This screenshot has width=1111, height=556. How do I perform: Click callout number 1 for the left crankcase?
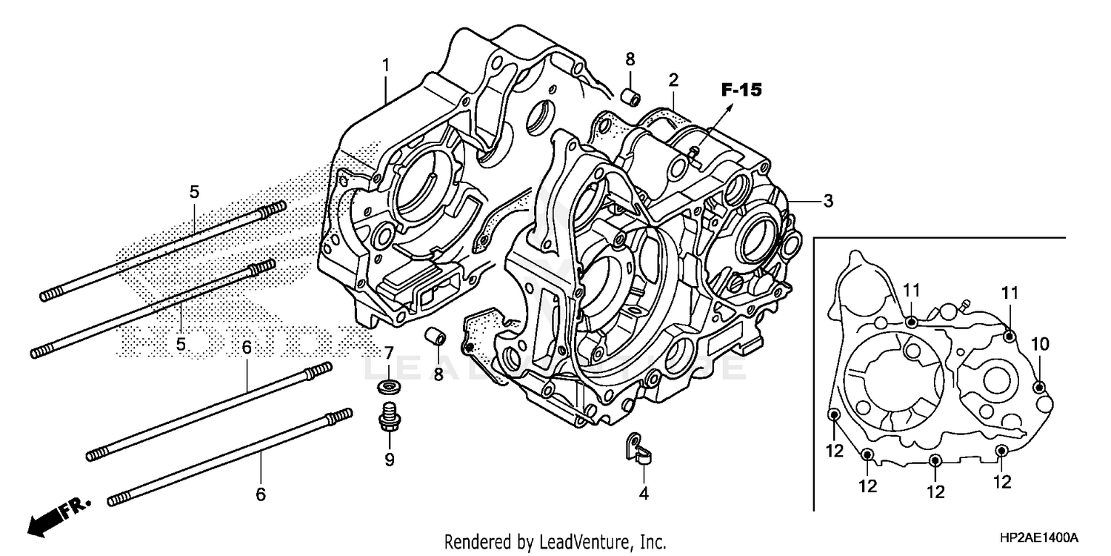pyautogui.click(x=385, y=64)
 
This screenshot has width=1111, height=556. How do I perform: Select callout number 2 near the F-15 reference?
pyautogui.click(x=673, y=79)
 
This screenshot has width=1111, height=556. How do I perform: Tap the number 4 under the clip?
pyautogui.click(x=644, y=493)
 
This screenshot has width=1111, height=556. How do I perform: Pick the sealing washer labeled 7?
pyautogui.click(x=387, y=387)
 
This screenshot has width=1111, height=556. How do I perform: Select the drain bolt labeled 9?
pyautogui.click(x=388, y=417)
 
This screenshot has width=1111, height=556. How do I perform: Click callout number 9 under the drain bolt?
pyautogui.click(x=389, y=460)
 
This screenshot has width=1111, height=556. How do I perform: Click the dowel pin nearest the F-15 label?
pyautogui.click(x=630, y=97)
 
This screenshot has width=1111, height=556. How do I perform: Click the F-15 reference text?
pyautogui.click(x=741, y=90)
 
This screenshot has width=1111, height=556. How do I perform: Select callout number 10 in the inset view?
pyautogui.click(x=1040, y=343)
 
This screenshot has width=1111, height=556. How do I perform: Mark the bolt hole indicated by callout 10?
pyautogui.click(x=1038, y=386)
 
